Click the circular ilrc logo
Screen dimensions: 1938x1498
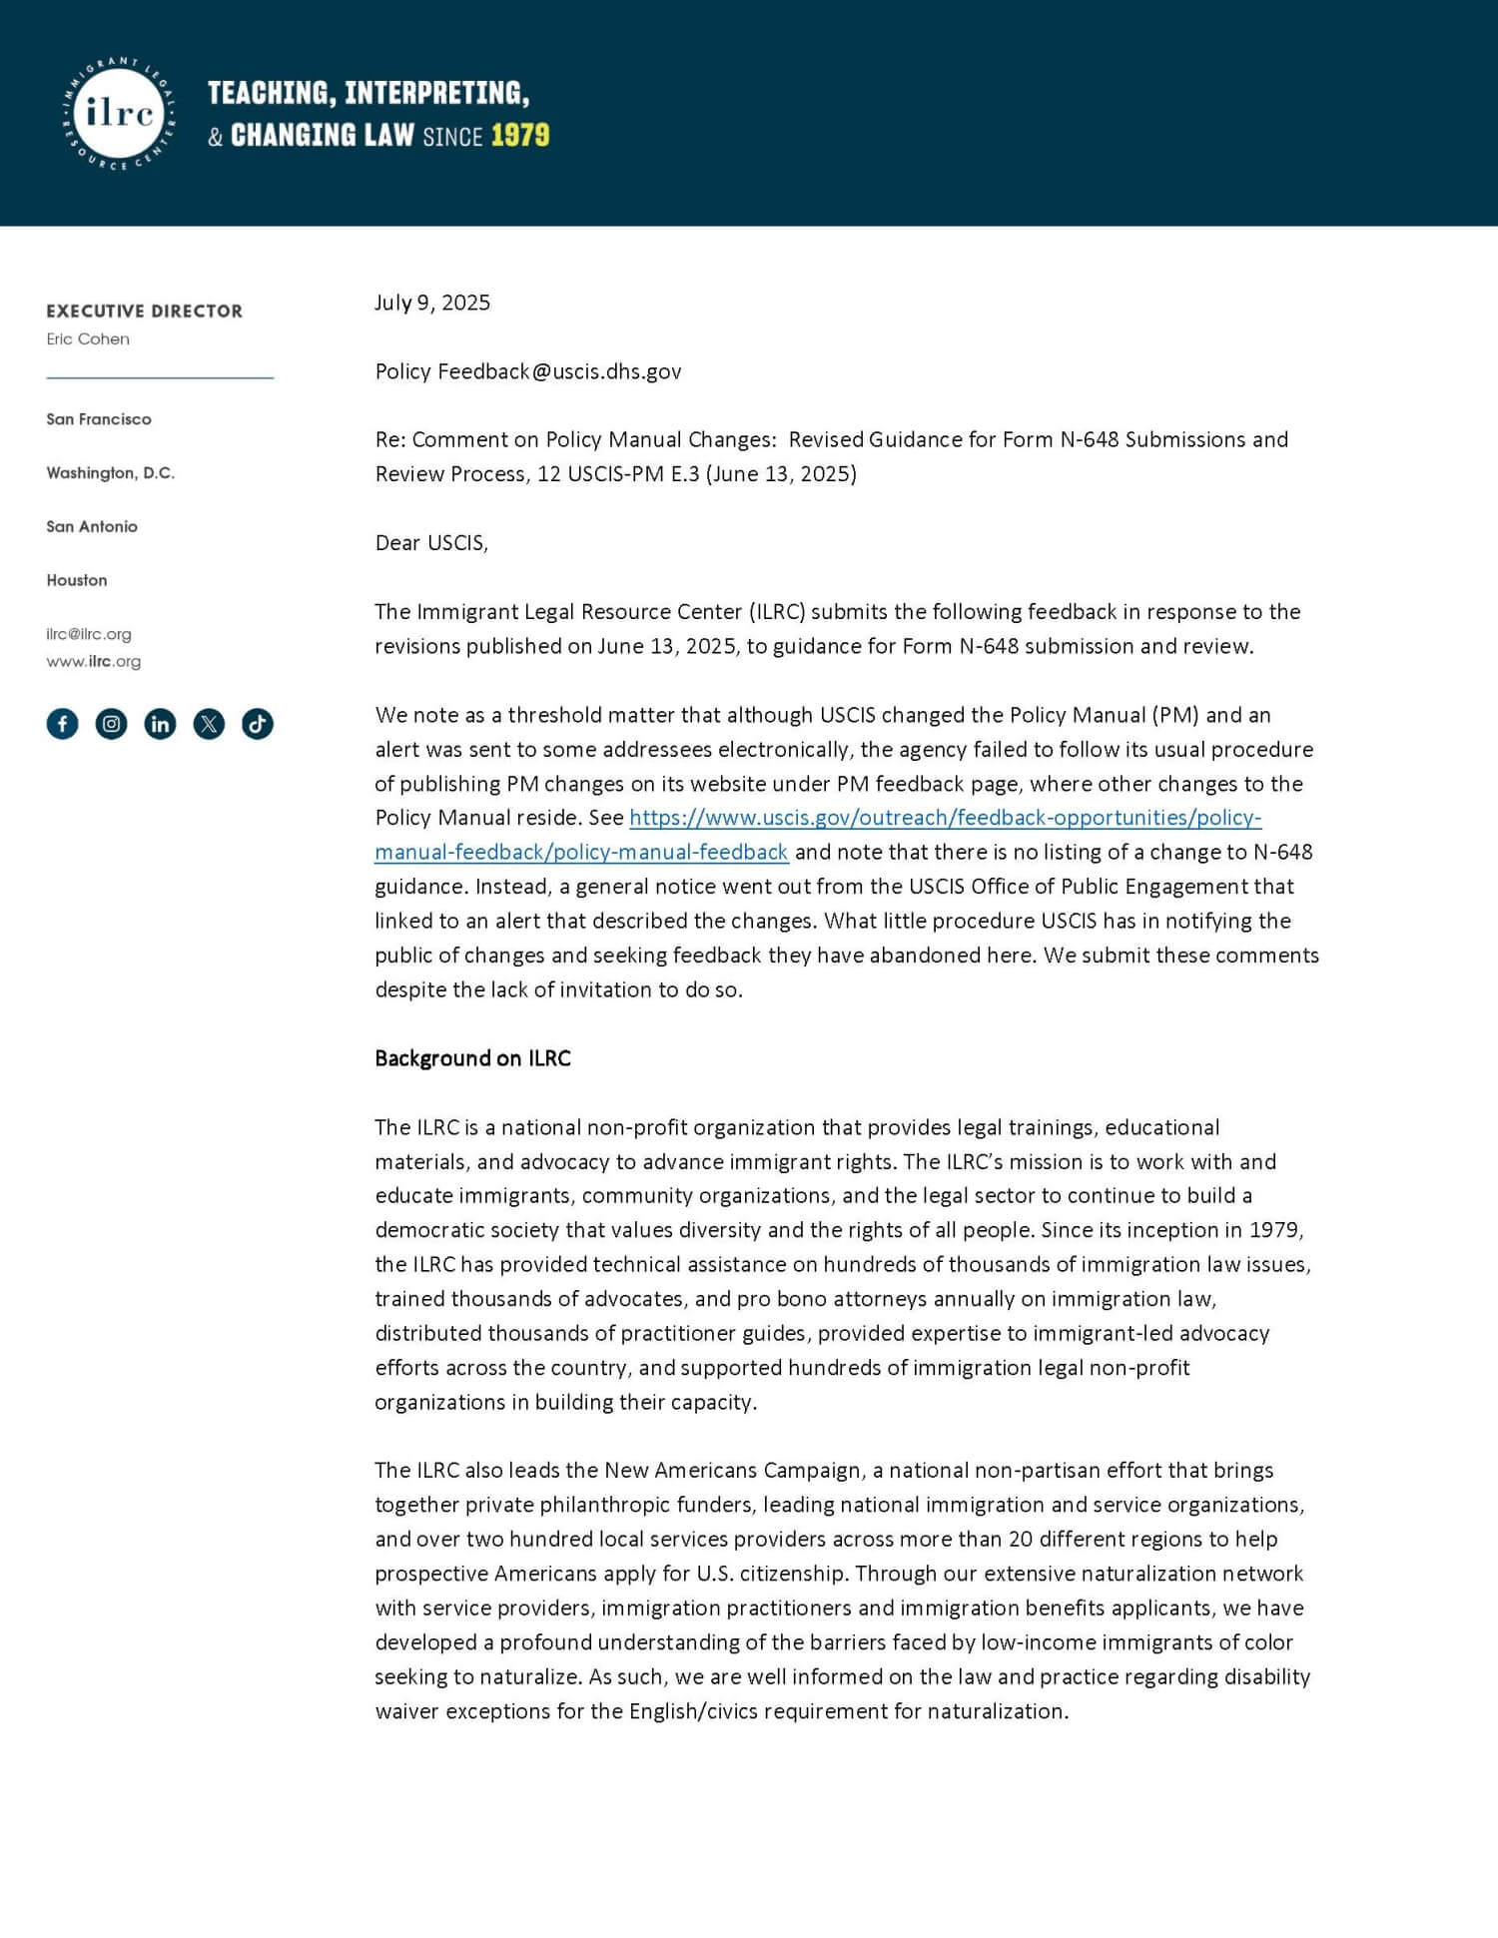click(119, 113)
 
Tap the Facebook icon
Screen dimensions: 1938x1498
click(62, 724)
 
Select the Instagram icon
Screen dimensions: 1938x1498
click(111, 724)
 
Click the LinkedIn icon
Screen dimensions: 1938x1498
click(160, 724)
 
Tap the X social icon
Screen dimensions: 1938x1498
click(209, 724)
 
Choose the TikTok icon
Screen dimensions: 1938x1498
click(258, 724)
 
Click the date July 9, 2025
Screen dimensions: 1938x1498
click(432, 303)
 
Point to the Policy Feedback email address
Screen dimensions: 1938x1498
click(528, 371)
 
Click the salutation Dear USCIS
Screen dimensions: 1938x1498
click(431, 543)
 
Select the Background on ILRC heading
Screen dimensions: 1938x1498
click(472, 1058)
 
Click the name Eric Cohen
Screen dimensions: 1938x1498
click(88, 339)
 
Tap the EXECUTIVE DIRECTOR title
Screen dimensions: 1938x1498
click(144, 312)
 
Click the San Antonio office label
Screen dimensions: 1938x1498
click(92, 526)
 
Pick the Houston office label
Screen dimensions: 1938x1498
click(77, 580)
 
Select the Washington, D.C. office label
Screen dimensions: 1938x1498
click(110, 472)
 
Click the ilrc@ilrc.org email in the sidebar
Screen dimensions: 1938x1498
click(89, 634)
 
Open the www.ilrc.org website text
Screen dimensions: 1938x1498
click(94, 661)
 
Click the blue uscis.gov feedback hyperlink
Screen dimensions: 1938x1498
click(945, 818)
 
